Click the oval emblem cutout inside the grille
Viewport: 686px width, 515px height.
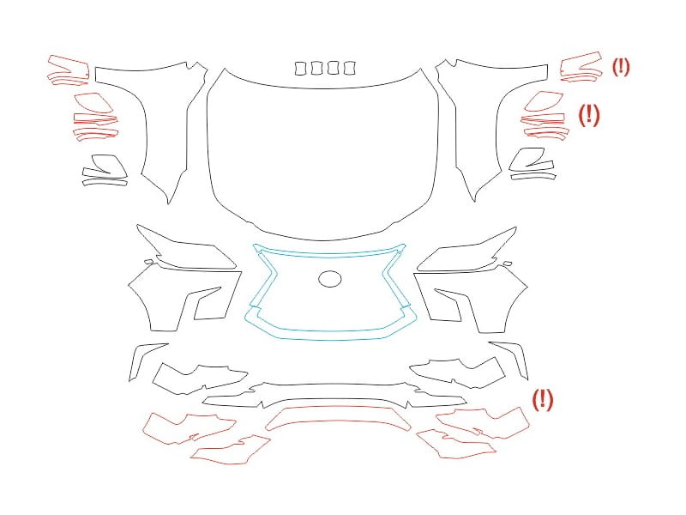(329, 279)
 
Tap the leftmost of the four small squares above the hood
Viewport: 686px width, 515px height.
(300, 69)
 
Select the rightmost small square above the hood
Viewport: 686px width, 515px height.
(349, 69)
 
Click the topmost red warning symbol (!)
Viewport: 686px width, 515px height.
(620, 67)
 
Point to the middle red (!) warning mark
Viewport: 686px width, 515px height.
(589, 115)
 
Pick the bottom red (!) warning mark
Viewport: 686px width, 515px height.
(543, 399)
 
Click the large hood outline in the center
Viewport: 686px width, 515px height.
(209, 144)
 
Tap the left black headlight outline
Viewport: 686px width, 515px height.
(186, 244)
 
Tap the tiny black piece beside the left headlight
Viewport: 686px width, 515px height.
(149, 262)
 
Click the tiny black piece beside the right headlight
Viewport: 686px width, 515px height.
(507, 264)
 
